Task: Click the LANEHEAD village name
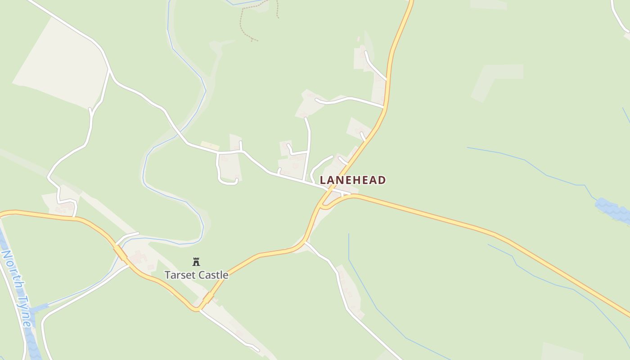pos(352,180)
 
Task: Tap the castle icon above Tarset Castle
pos(196,261)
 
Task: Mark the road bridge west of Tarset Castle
pos(120,252)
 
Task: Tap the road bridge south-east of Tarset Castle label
pos(208,297)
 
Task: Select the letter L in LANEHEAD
pos(323,180)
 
